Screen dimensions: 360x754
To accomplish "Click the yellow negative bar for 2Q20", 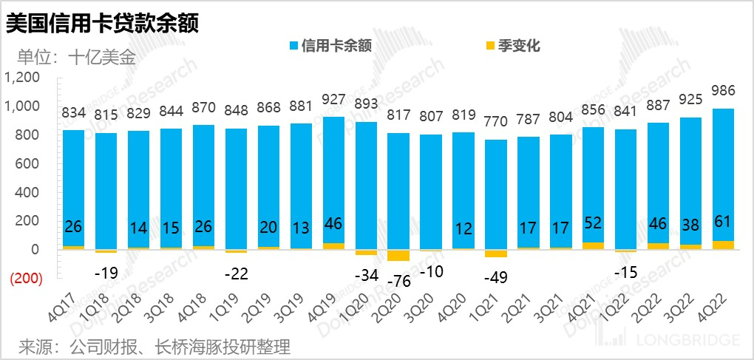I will pos(398,255).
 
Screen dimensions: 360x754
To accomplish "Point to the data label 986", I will pos(722,91).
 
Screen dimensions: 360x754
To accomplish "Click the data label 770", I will pos(496,120).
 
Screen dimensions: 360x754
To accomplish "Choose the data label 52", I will pos(593,223).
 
